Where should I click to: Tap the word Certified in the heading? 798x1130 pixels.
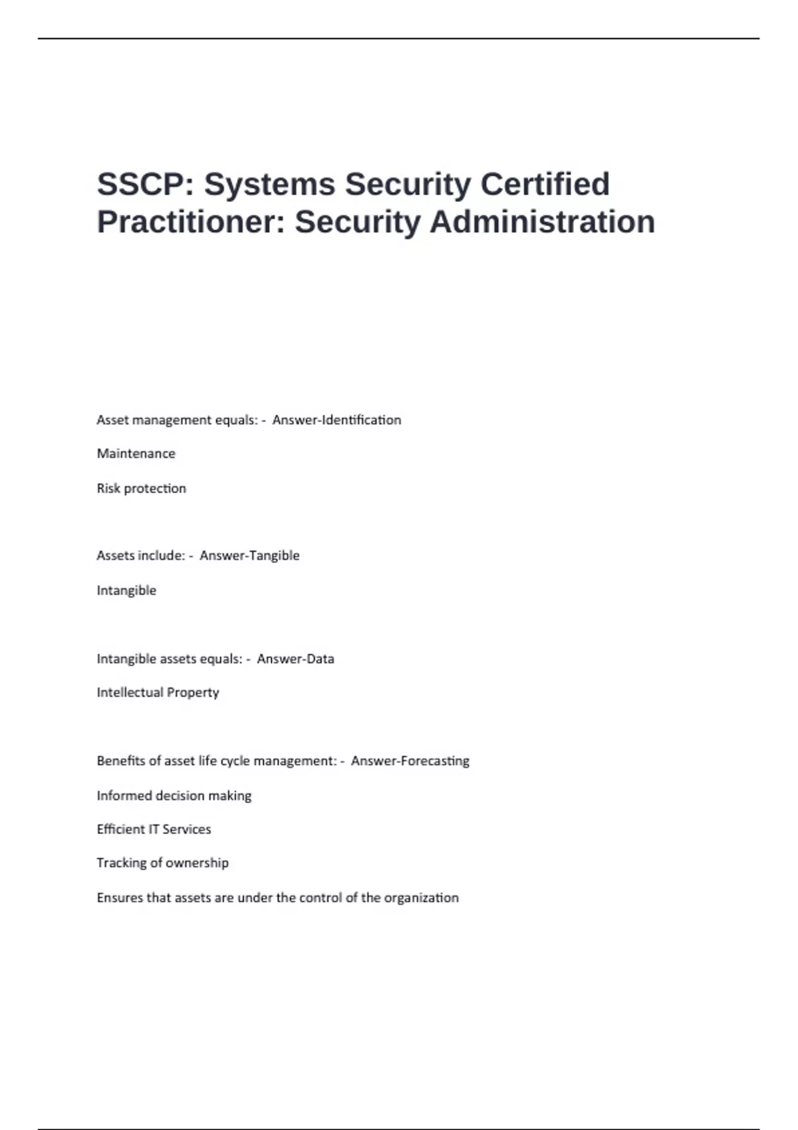[x=545, y=184]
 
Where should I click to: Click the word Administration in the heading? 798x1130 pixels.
[x=542, y=222]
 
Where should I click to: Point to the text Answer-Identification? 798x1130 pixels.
[x=336, y=420]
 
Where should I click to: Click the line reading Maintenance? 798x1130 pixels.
[x=136, y=454]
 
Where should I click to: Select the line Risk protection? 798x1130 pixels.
[x=142, y=489]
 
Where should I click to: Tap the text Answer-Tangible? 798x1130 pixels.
[x=249, y=556]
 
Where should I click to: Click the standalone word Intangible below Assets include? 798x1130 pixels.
[x=126, y=590]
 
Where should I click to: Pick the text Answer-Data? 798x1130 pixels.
[x=295, y=659]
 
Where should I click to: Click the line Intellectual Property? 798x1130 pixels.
[x=158, y=693]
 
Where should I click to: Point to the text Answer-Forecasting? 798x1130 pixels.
[x=410, y=761]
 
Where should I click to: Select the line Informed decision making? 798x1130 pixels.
[x=174, y=796]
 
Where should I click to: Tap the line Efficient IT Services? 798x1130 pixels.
[x=154, y=830]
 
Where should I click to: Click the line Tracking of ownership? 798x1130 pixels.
[x=162, y=863]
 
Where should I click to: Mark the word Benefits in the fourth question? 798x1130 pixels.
[x=120, y=761]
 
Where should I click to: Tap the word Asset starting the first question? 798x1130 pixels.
[x=112, y=420]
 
